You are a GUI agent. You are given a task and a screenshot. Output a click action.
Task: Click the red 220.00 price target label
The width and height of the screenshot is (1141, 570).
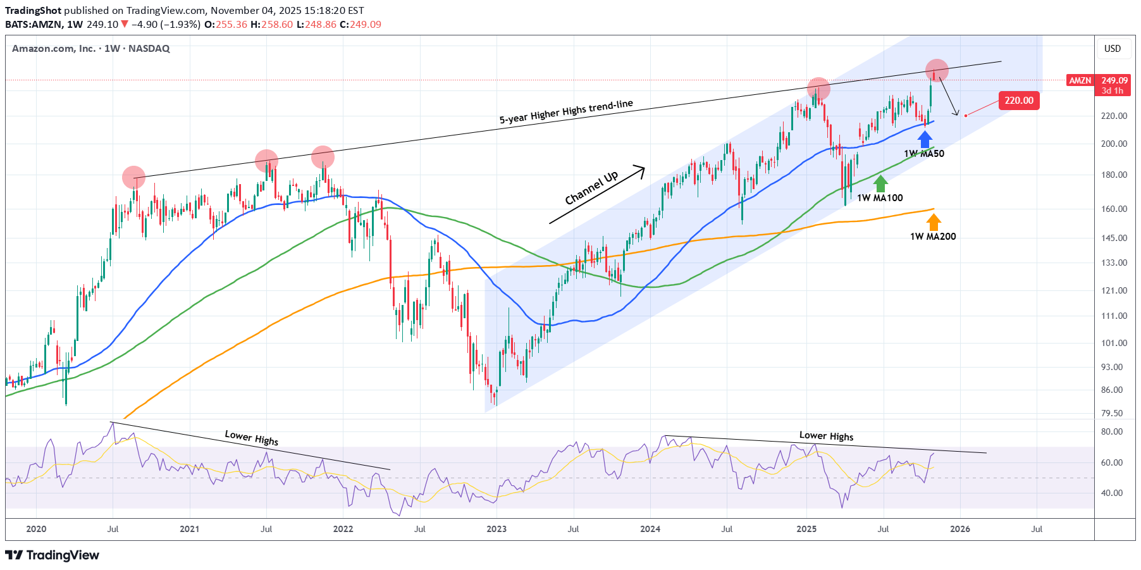coord(1019,101)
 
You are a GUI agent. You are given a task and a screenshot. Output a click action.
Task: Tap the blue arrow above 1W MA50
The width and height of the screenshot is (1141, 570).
coord(925,139)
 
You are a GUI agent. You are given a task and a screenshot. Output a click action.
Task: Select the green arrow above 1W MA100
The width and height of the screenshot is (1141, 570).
coord(880,183)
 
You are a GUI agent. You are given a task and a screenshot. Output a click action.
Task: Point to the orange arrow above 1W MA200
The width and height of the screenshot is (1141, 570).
coord(934,222)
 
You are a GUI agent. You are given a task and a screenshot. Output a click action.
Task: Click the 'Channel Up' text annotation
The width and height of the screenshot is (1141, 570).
coord(591,188)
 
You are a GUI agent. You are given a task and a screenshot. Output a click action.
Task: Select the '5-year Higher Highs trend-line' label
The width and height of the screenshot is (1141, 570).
coord(566,112)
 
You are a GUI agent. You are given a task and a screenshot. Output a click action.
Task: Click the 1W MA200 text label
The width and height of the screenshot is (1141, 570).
coord(933,237)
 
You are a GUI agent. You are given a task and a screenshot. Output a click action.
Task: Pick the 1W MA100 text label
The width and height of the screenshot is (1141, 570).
coord(880,198)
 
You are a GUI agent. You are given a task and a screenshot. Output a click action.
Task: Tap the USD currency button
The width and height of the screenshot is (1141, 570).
coord(1113,49)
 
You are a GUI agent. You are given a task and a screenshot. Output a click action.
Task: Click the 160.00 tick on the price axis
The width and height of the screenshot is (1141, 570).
coord(1114,209)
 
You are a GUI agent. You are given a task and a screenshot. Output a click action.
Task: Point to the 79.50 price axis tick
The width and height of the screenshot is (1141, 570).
coord(1112,413)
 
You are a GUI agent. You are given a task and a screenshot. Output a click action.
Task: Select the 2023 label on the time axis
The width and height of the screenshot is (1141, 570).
coord(496,529)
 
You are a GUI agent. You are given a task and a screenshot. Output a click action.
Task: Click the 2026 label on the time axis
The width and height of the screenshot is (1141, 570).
coord(960,529)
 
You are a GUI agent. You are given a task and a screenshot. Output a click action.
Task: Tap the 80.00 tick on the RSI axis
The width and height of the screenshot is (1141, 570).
coord(1112,431)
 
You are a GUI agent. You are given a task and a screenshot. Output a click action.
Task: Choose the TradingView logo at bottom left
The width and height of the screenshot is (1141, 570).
coord(52,555)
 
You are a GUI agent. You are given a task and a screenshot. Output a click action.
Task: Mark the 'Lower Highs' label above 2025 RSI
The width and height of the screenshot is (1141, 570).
coord(826,436)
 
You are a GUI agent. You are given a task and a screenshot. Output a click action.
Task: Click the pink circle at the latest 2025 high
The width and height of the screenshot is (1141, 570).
coord(937,70)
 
